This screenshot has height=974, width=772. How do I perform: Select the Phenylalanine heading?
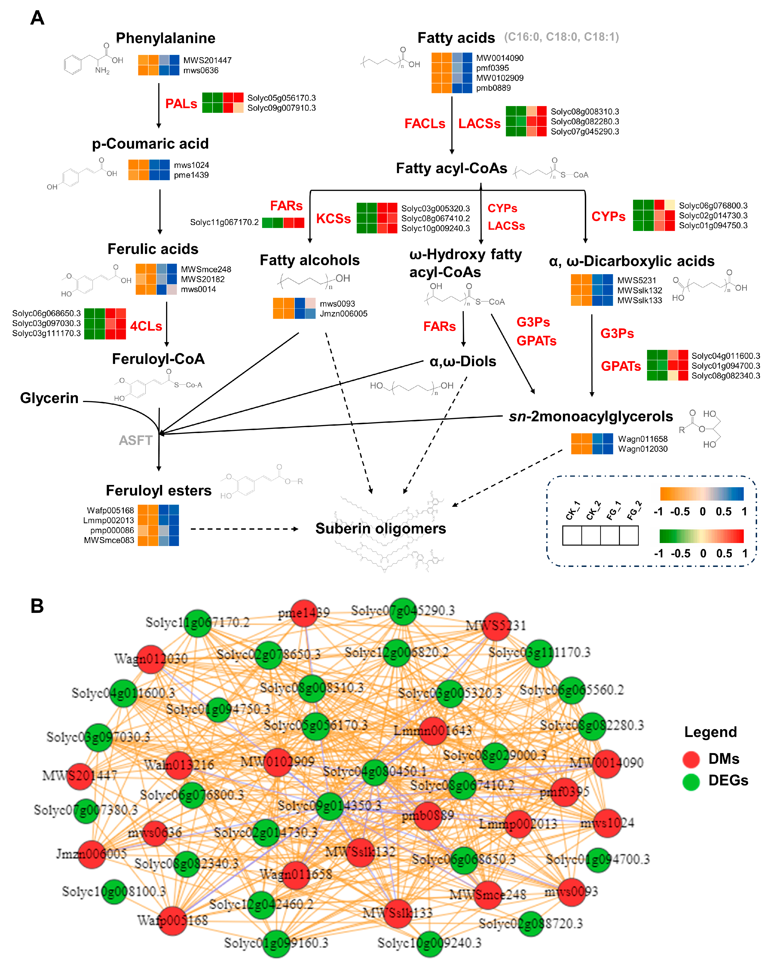(x=165, y=38)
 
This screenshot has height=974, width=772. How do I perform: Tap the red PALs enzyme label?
(x=181, y=104)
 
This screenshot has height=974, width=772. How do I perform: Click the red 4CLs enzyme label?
(x=146, y=326)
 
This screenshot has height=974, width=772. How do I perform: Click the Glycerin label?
(x=49, y=398)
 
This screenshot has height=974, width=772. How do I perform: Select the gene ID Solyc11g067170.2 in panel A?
(x=224, y=222)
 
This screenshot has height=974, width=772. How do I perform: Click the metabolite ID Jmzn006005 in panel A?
(x=344, y=313)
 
